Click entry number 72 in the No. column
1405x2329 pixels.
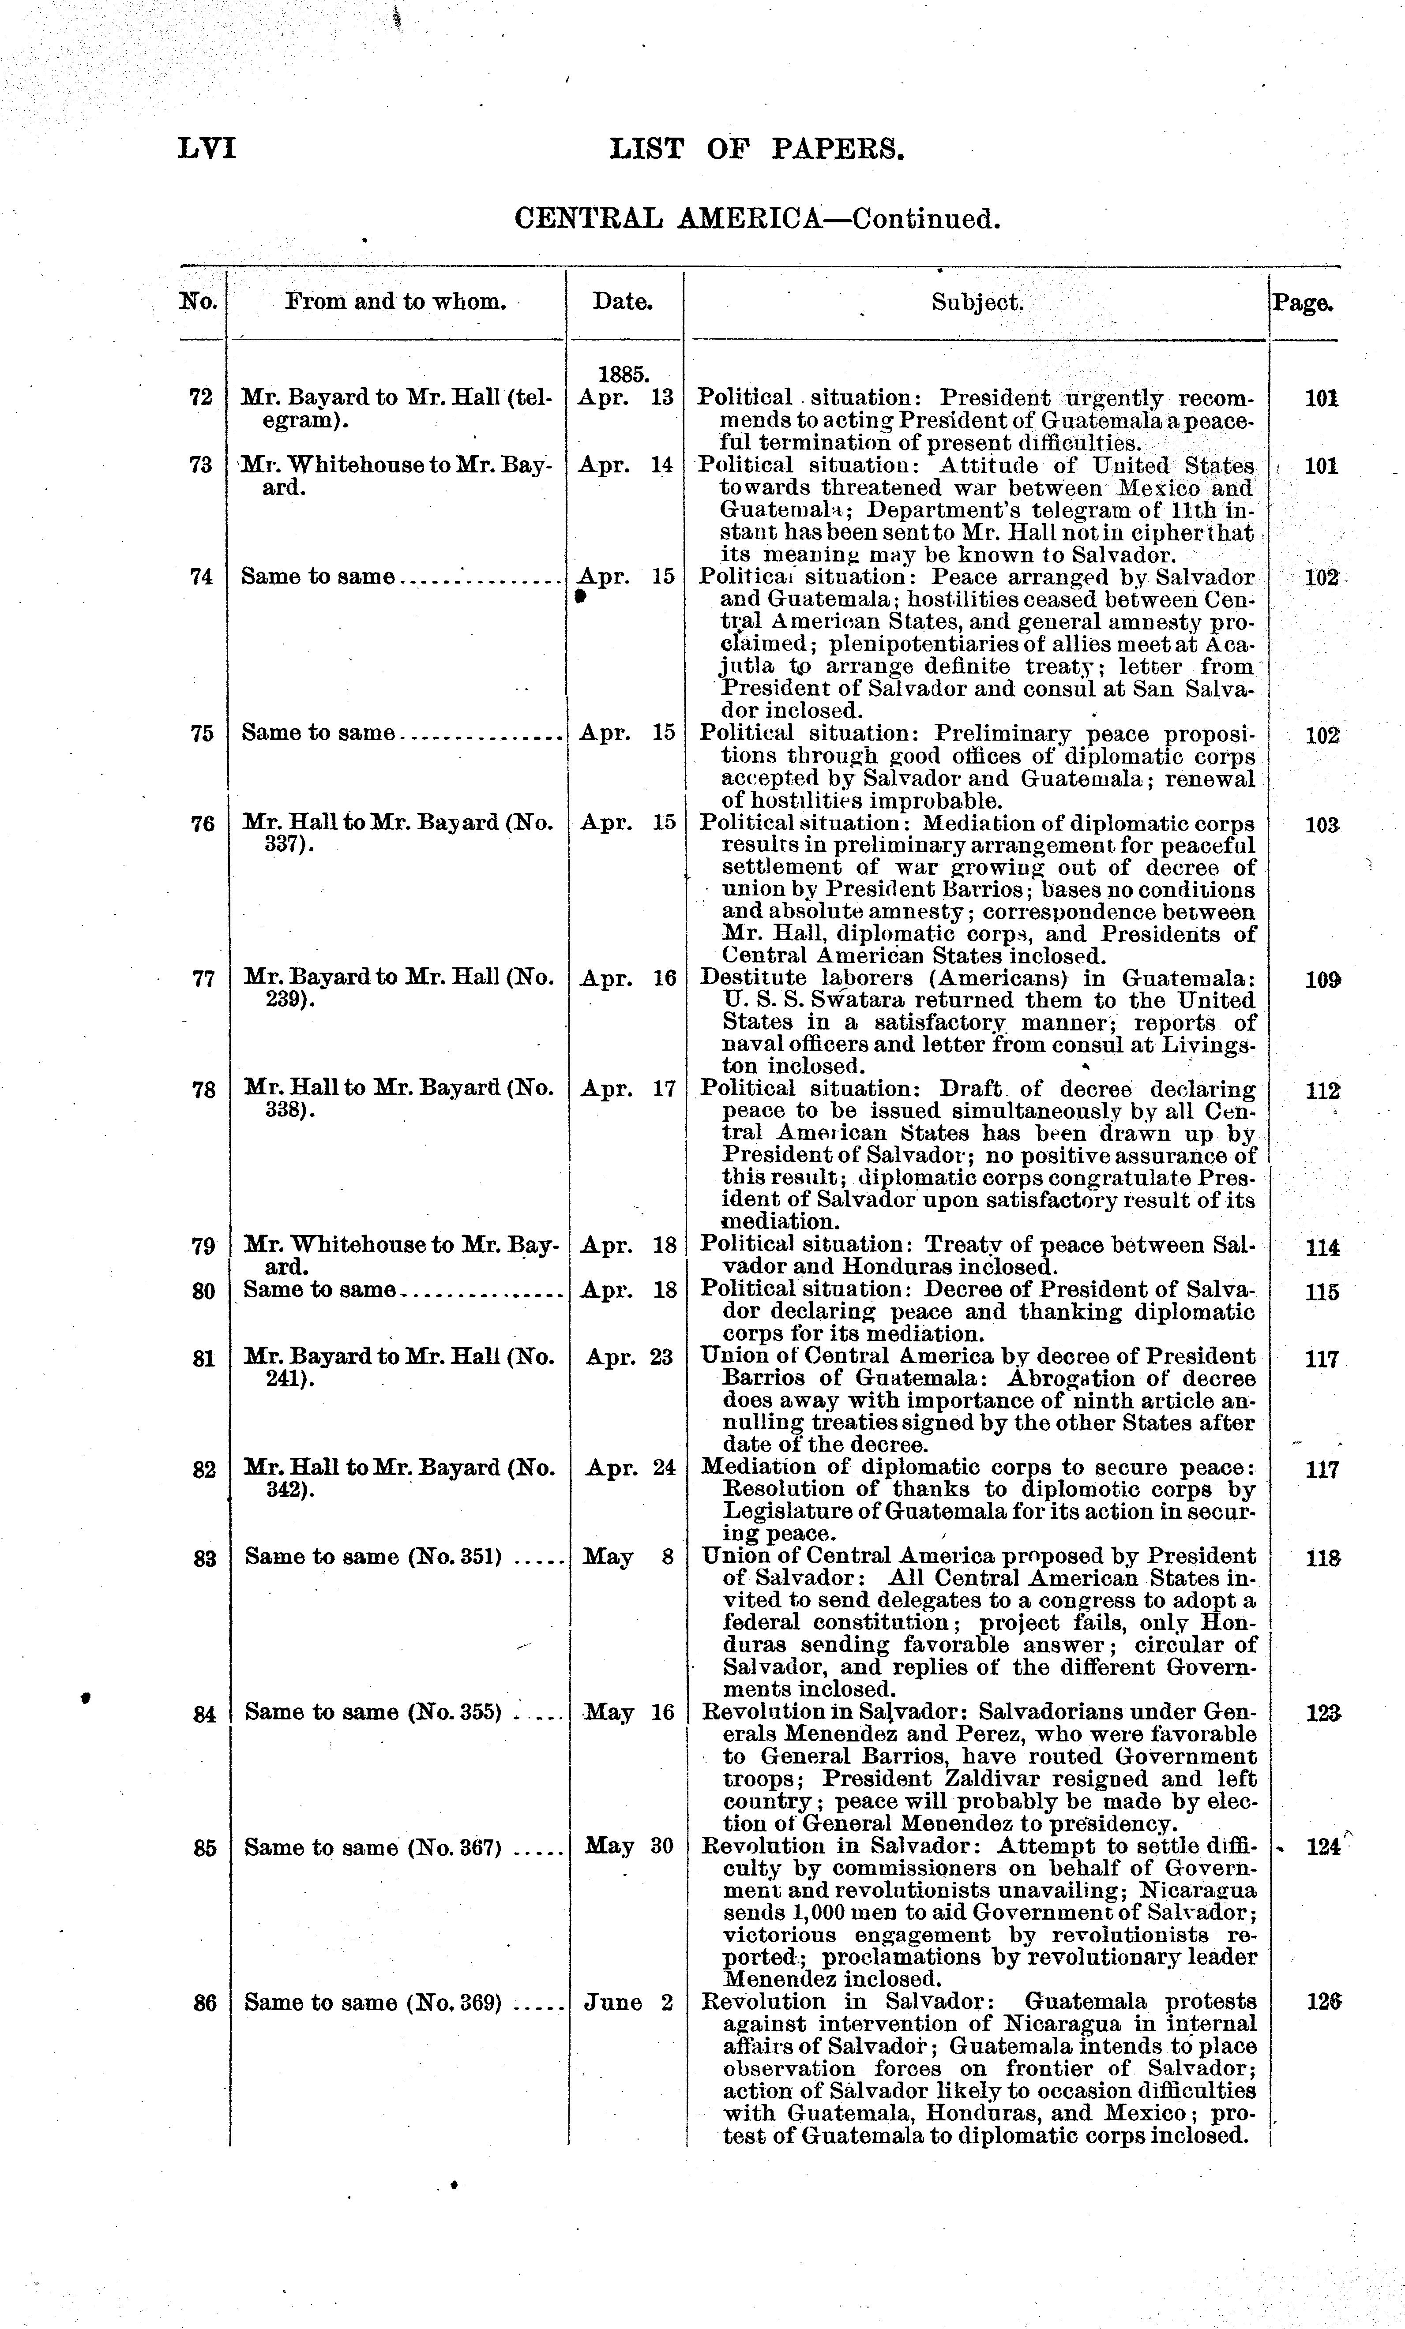coord(201,397)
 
